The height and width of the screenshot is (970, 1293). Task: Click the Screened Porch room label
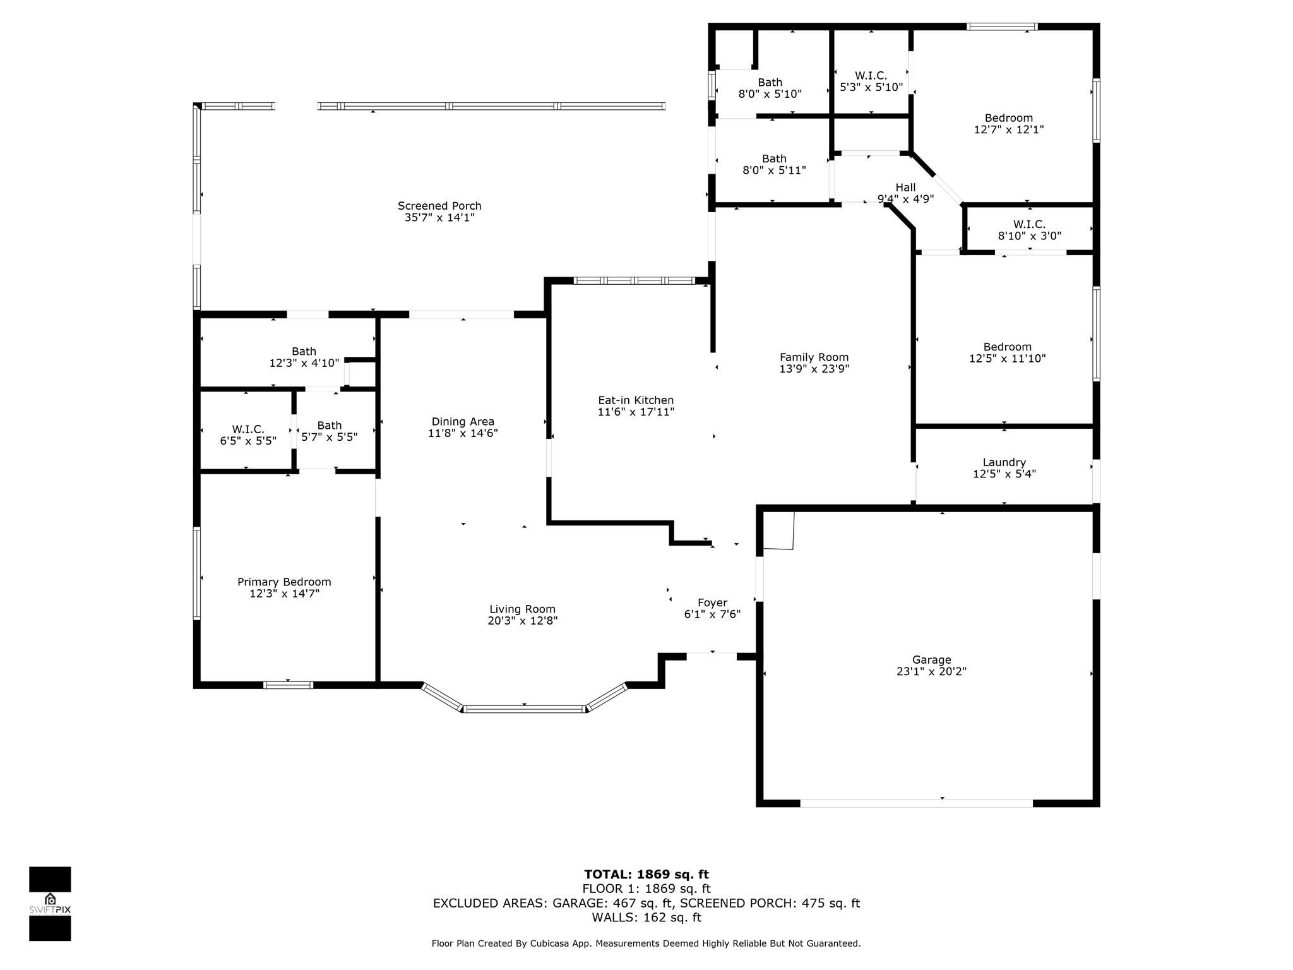click(x=439, y=206)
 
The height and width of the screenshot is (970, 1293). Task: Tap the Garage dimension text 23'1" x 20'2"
click(x=931, y=671)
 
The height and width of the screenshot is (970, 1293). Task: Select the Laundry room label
click(x=1004, y=462)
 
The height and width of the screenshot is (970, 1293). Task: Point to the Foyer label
click(x=712, y=602)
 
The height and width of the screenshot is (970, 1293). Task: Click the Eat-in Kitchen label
click(x=636, y=400)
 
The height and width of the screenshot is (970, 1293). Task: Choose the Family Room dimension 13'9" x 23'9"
click(x=814, y=369)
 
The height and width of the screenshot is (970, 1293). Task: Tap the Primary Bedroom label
click(x=284, y=582)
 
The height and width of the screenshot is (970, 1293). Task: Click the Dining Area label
click(x=463, y=422)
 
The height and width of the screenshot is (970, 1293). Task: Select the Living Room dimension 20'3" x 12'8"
click(x=522, y=621)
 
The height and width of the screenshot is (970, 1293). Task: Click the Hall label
click(x=905, y=187)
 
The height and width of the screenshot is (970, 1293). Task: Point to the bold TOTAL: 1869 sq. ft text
click(x=646, y=875)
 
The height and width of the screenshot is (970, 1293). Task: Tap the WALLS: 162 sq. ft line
click(x=646, y=917)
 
